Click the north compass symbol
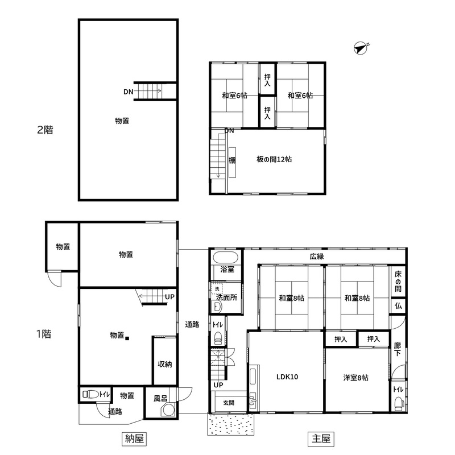pyautogui.click(x=361, y=48)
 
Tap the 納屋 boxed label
pyautogui.click(x=134, y=439)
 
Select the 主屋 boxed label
pyautogui.click(x=321, y=439)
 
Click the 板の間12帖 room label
pyautogui.click(x=274, y=159)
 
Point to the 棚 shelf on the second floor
pyautogui.click(x=232, y=162)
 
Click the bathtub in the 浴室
pyautogui.click(x=226, y=258)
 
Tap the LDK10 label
pyautogui.click(x=287, y=377)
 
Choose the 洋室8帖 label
pyautogui.click(x=356, y=378)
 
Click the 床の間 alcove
pyautogui.click(x=398, y=282)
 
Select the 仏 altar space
pyautogui.click(x=398, y=306)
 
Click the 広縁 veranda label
pyautogui.click(x=317, y=257)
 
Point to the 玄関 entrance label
pyautogui.click(x=229, y=403)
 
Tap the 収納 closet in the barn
pyautogui.click(x=165, y=361)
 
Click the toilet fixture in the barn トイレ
pyautogui.click(x=91, y=394)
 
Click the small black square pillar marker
pyautogui.click(x=127, y=338)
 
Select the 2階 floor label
pyautogui.click(x=45, y=130)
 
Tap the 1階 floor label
pyautogui.click(x=44, y=334)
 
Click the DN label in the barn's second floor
pyautogui.click(x=129, y=92)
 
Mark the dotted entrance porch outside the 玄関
pyautogui.click(x=231, y=424)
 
